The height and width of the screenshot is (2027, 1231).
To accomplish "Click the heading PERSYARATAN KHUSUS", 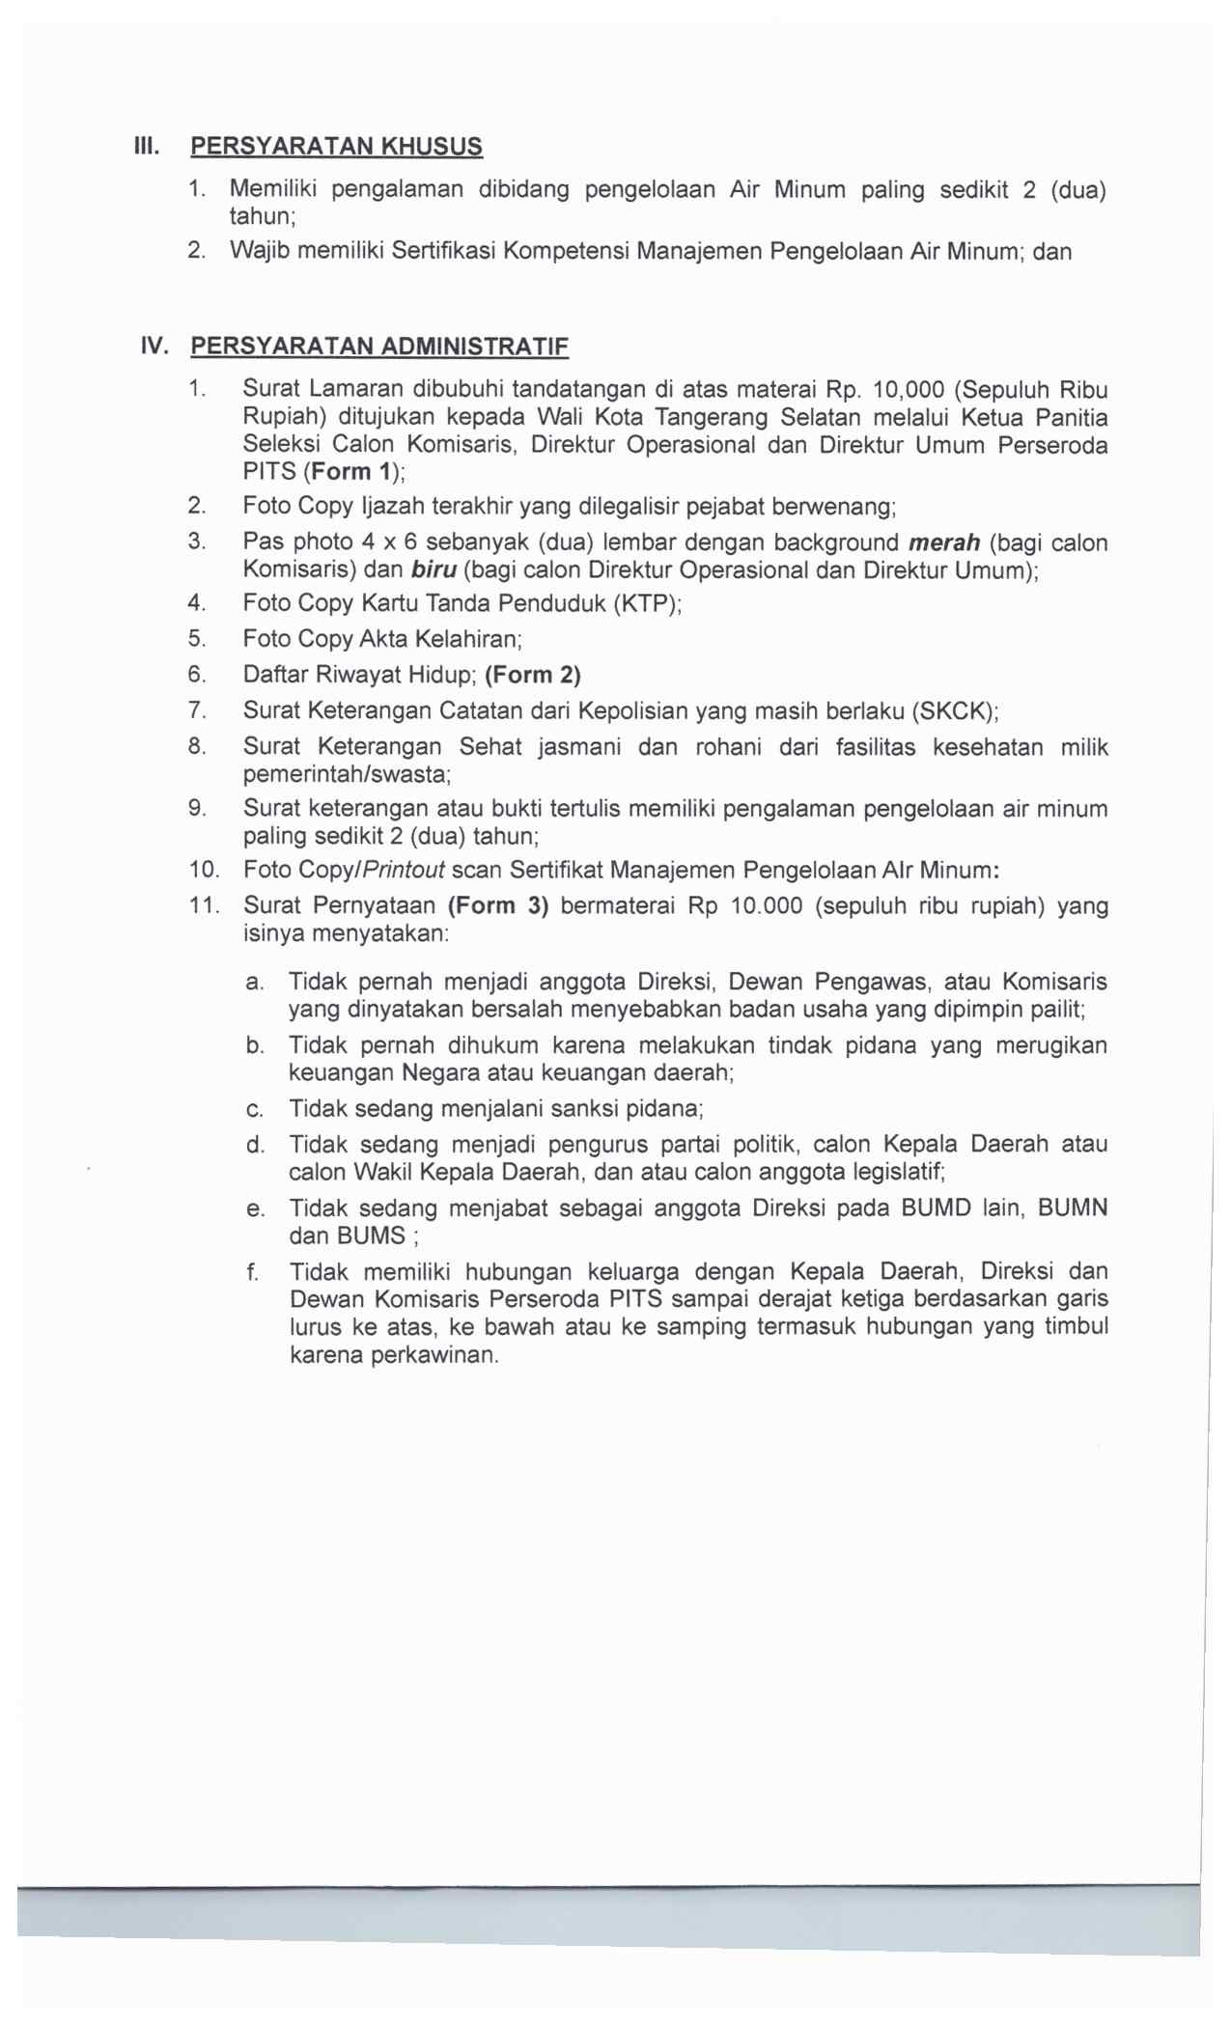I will tap(336, 147).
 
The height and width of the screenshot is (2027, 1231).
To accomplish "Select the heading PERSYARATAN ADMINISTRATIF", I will tap(379, 347).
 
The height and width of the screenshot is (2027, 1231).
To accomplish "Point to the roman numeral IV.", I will tap(154, 346).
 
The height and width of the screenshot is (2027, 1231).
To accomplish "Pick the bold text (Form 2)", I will tap(533, 675).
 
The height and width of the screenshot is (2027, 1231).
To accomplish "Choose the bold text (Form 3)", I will tap(498, 906).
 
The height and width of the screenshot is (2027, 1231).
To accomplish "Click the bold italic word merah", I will tap(944, 542).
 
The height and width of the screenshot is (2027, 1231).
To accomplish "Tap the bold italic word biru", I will tap(434, 569).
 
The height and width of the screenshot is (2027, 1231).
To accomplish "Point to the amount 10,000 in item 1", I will tap(908, 390).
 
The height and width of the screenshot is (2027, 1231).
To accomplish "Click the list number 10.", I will tap(205, 870).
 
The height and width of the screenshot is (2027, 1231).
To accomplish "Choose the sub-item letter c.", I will tap(254, 1110).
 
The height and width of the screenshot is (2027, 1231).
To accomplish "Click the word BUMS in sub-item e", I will tap(371, 1236).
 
